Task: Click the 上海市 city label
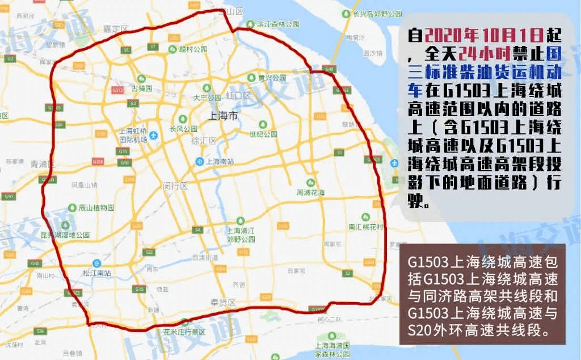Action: [x=223, y=116]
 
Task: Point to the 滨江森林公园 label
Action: [x=278, y=25]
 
